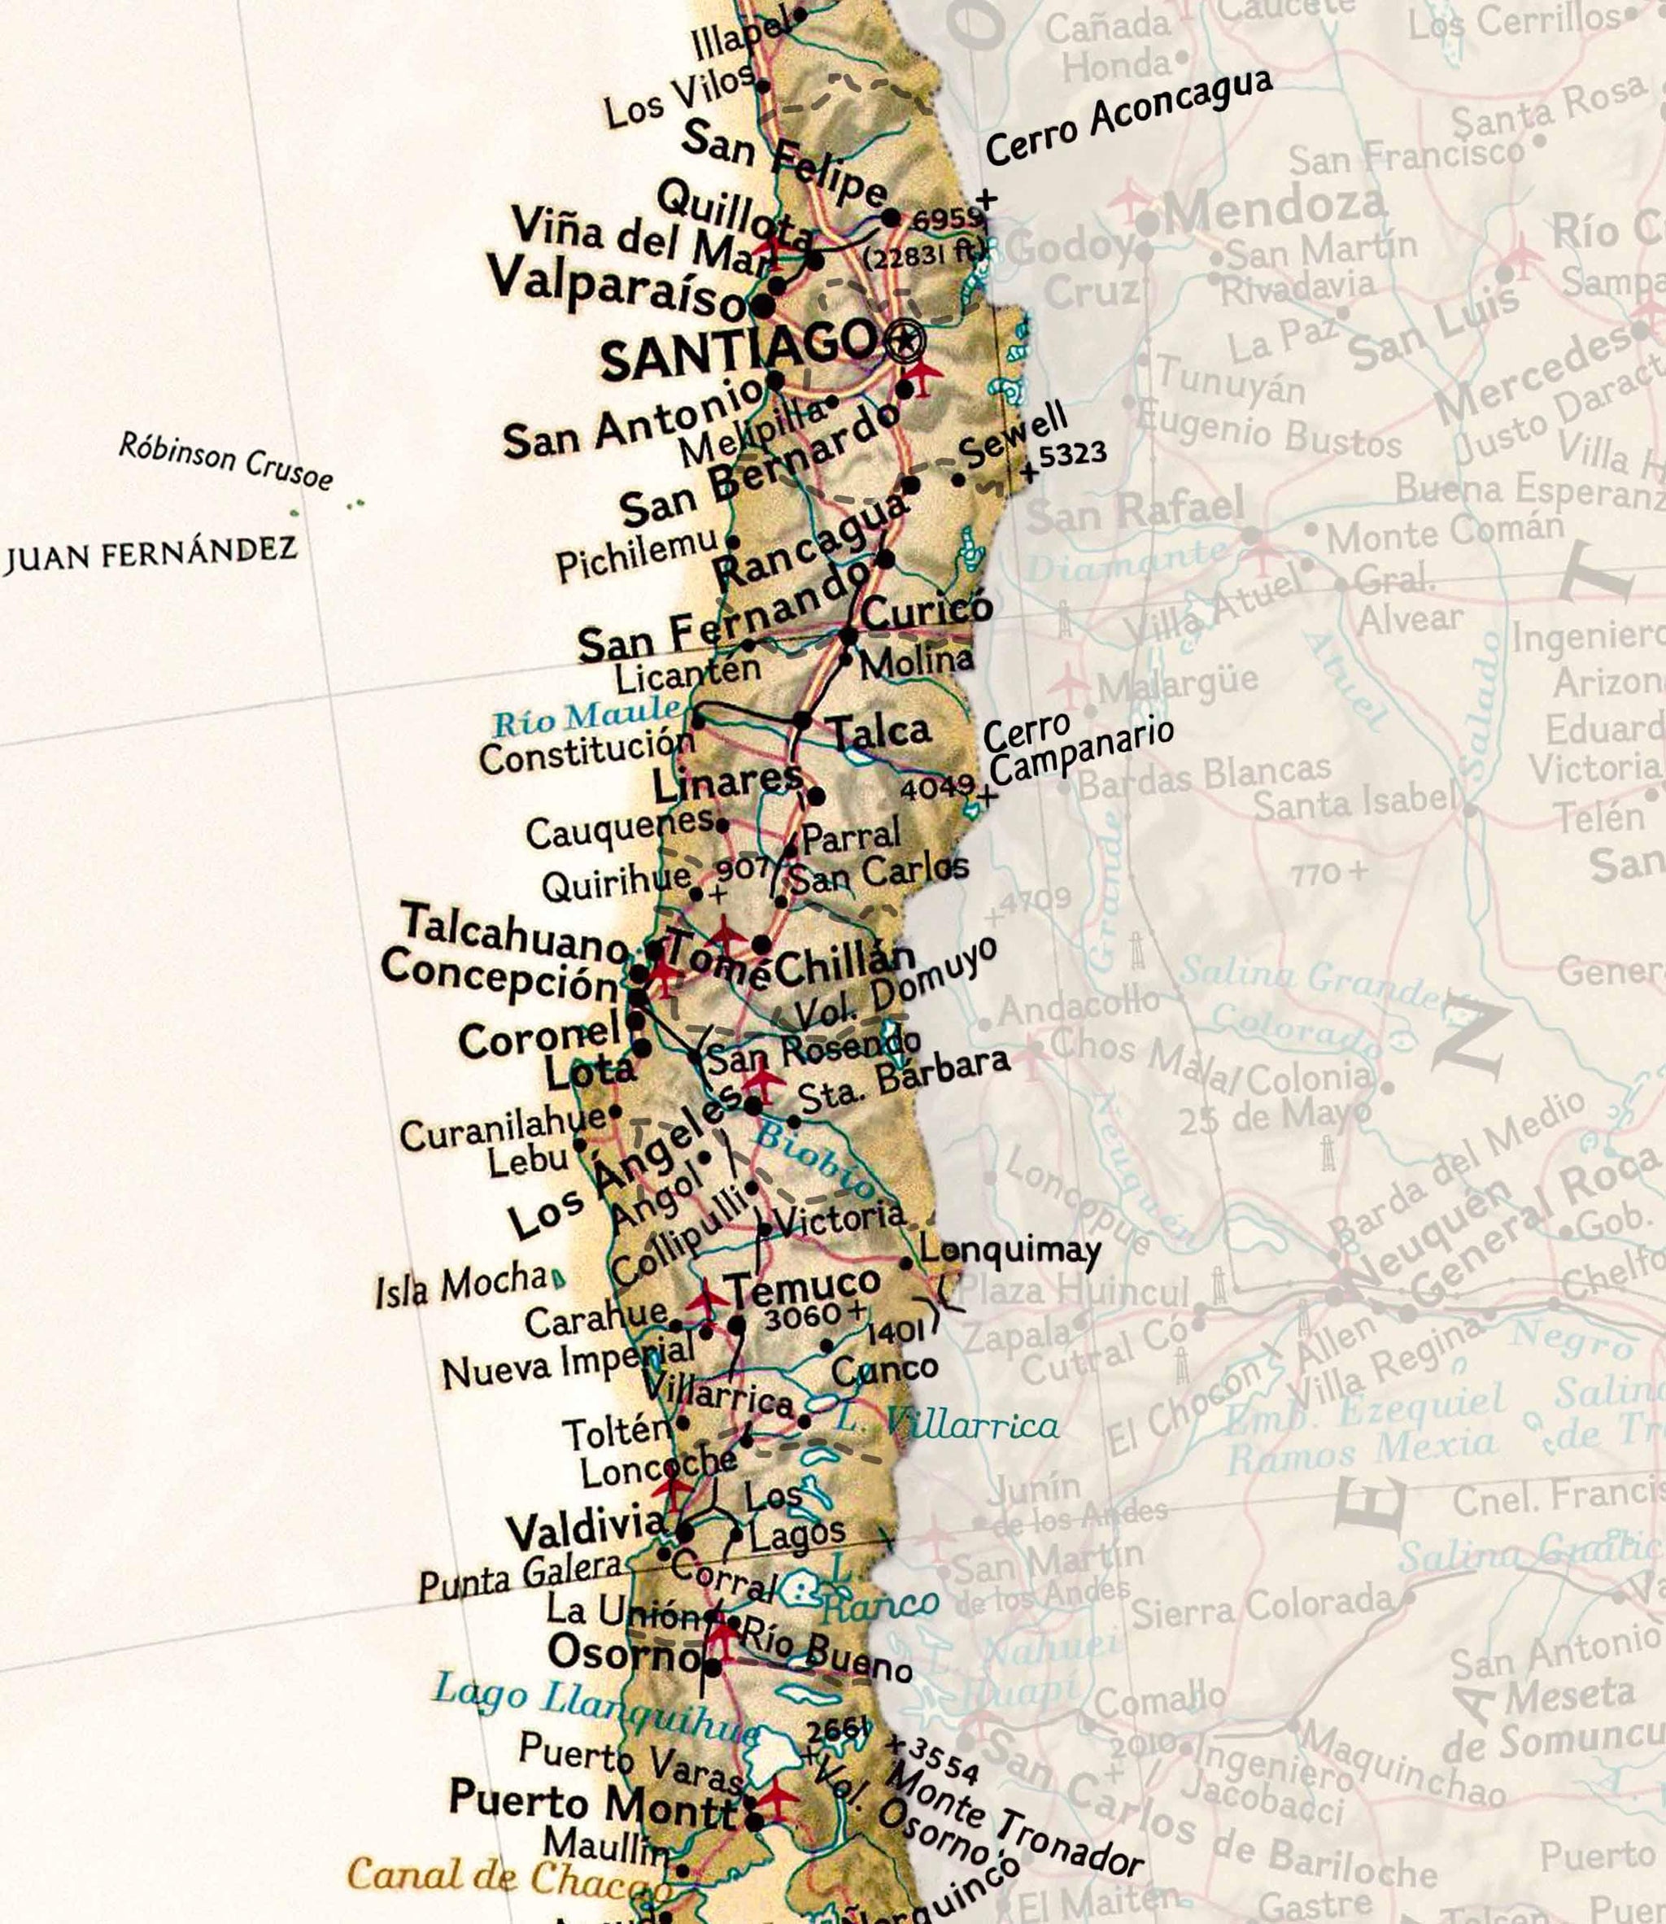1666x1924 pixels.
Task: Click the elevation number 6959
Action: click(x=946, y=220)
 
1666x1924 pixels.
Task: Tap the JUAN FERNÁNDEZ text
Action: click(x=150, y=552)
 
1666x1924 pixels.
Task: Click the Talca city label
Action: click(x=879, y=730)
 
